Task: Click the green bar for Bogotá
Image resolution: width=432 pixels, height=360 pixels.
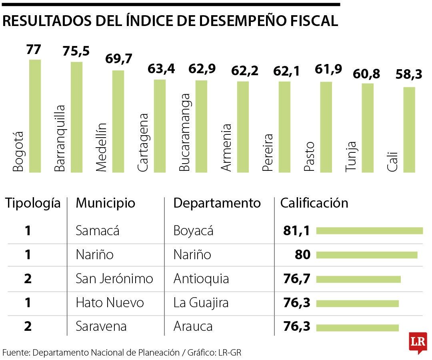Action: pyautogui.click(x=35, y=116)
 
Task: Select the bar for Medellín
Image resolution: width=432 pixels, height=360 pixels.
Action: pyautogui.click(x=118, y=121)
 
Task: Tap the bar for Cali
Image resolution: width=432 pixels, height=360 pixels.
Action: pyautogui.click(x=409, y=130)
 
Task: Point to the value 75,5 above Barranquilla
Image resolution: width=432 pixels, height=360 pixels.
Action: pyautogui.click(x=76, y=51)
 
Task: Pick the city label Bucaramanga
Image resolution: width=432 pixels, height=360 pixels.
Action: pyautogui.click(x=184, y=132)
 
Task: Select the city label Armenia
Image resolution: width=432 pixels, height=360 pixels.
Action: pyautogui.click(x=226, y=148)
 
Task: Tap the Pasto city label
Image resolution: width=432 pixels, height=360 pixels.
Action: pyautogui.click(x=309, y=156)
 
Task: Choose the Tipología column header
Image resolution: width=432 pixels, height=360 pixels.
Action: pyautogui.click(x=33, y=203)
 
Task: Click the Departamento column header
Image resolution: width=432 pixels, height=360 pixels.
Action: pyautogui.click(x=217, y=203)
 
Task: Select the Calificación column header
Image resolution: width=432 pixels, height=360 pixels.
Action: pyautogui.click(x=314, y=203)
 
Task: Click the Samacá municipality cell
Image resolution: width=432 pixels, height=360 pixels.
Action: pyautogui.click(x=98, y=231)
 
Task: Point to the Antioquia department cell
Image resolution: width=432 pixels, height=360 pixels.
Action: pyautogui.click(x=201, y=278)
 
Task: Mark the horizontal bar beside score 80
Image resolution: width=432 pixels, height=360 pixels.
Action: pyautogui.click(x=367, y=255)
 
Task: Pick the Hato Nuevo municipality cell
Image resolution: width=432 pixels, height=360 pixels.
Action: pyautogui.click(x=110, y=303)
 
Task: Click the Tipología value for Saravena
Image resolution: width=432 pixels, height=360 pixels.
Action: pyautogui.click(x=28, y=326)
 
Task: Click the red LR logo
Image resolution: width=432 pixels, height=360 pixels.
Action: pyautogui.click(x=418, y=342)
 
